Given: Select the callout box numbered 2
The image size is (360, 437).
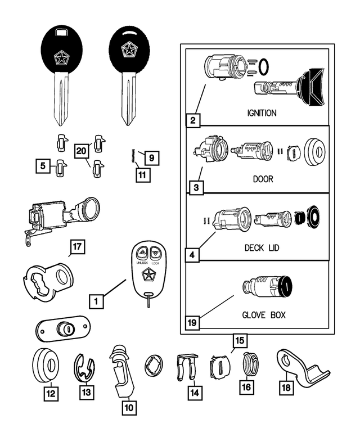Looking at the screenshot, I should click(x=194, y=120).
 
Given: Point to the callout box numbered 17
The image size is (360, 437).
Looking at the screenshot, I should click(x=77, y=246).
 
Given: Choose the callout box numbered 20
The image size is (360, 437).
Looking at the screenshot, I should click(x=82, y=151).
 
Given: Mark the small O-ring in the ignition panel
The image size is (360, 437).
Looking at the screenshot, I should click(x=263, y=67).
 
